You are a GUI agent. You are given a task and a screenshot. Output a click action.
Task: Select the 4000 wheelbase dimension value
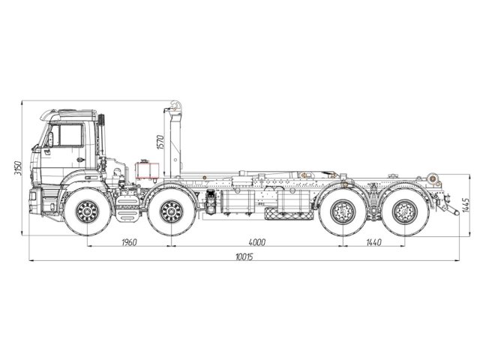pyautogui.click(x=256, y=242)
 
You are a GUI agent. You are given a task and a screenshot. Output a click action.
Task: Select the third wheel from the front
pyautogui.click(x=343, y=213)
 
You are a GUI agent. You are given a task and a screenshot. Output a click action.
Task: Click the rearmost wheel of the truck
pyautogui.click(x=403, y=213)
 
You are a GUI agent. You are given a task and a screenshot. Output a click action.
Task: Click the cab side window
pyautogui.click(x=66, y=136)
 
